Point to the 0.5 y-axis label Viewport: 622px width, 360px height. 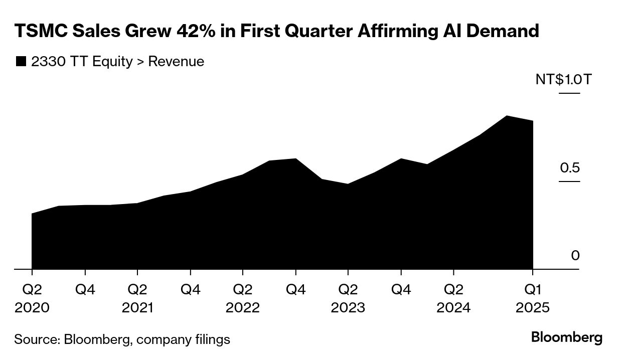[569, 167]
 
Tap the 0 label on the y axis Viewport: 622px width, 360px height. [575, 256]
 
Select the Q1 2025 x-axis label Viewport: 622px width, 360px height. [533, 298]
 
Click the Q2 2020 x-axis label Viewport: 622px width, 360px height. [32, 298]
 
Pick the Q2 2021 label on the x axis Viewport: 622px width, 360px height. [137, 298]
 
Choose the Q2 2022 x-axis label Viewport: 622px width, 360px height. [243, 298]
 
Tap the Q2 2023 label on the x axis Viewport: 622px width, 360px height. [348, 298]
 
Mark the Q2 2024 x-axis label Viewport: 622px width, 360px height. [453, 298]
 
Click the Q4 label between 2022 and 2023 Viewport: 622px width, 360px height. [295, 290]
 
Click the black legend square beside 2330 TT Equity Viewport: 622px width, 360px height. [21, 62]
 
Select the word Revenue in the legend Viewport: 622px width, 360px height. [176, 62]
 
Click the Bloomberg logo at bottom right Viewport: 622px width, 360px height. [567, 337]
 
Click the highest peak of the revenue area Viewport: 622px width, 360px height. [507, 116]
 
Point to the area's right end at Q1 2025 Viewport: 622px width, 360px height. [532, 121]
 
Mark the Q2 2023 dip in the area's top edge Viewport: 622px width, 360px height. [348, 184]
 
